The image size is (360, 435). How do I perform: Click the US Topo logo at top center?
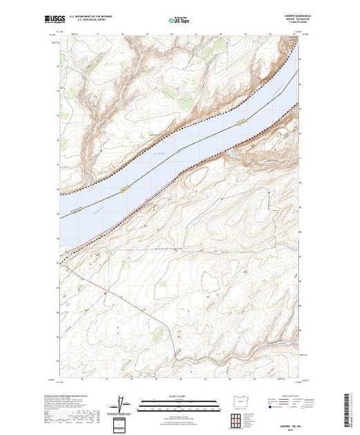[180, 21]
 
